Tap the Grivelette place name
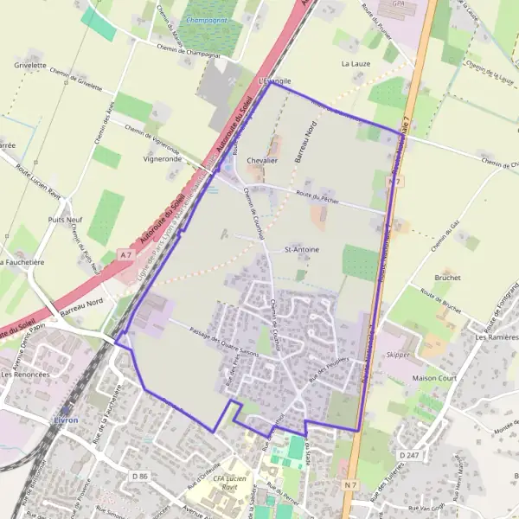click(x=30, y=65)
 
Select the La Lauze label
click(x=356, y=64)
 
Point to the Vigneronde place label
click(x=161, y=159)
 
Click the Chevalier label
click(x=261, y=161)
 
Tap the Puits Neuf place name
click(x=66, y=221)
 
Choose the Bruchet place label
click(x=447, y=278)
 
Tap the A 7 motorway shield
click(x=126, y=253)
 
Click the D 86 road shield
click(x=141, y=476)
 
